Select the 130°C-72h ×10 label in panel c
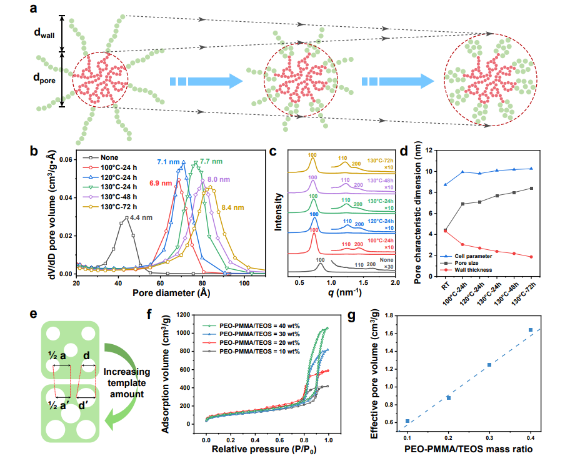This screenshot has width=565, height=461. point(381,162)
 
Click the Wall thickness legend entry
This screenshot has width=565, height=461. point(475,270)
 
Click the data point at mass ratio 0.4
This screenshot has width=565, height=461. point(530,330)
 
